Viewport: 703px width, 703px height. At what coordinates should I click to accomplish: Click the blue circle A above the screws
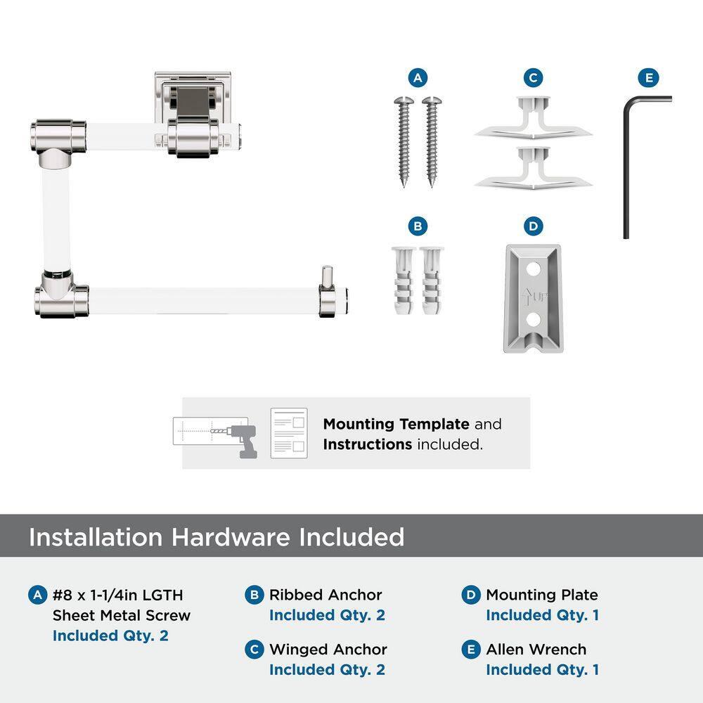click(x=418, y=78)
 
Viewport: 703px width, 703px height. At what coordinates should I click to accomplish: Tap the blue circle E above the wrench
click(x=648, y=78)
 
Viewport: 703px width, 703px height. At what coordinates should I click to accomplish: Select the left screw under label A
click(x=404, y=141)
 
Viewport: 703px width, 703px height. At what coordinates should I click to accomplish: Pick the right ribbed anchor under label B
click(x=432, y=280)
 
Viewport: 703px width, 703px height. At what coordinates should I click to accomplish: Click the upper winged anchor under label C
click(x=533, y=119)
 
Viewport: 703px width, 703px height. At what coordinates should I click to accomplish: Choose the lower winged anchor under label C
click(x=533, y=169)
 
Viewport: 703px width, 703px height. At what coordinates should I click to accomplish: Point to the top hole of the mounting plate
click(x=533, y=269)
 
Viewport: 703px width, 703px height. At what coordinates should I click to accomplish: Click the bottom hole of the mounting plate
click(x=533, y=320)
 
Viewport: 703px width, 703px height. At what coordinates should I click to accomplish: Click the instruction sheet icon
click(x=289, y=433)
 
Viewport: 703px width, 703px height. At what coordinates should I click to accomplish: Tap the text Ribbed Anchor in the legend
click(x=325, y=595)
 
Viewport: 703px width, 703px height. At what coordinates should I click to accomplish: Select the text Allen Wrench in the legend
click(x=536, y=649)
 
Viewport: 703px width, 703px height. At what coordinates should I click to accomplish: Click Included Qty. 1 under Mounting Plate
click(x=543, y=615)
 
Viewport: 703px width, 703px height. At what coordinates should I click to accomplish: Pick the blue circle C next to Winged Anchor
click(x=254, y=650)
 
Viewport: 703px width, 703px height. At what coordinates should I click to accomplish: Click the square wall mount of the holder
click(x=193, y=96)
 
